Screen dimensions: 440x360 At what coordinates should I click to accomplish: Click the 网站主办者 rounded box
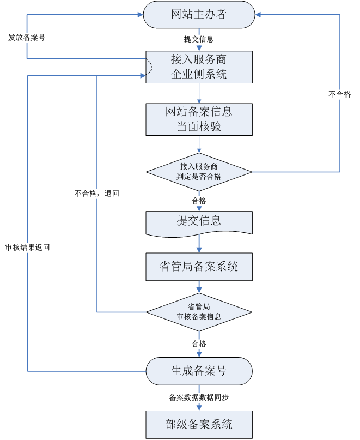click(x=199, y=15)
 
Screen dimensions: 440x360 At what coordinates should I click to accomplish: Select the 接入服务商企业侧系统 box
click(x=199, y=67)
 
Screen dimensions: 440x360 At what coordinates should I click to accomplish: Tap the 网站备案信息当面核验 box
click(x=199, y=119)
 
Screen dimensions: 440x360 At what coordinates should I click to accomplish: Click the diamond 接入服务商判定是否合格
click(x=199, y=172)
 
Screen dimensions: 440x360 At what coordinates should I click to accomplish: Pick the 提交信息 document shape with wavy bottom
click(x=199, y=222)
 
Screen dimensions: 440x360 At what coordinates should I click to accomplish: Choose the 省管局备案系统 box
click(x=199, y=267)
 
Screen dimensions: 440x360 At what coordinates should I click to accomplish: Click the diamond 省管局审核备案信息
click(x=199, y=312)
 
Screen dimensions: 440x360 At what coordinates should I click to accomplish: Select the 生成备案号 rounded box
click(x=199, y=371)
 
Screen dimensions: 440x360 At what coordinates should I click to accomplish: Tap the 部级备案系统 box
click(x=199, y=424)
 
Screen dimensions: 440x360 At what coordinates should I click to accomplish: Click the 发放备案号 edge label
click(x=26, y=38)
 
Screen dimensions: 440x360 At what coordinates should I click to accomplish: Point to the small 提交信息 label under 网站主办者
click(x=199, y=39)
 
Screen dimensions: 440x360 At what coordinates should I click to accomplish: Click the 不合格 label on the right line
click(x=340, y=94)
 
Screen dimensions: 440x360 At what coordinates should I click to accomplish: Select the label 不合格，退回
click(x=97, y=194)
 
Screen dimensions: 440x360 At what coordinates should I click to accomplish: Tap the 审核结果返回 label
click(x=27, y=248)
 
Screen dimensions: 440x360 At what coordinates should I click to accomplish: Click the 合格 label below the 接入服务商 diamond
click(x=199, y=201)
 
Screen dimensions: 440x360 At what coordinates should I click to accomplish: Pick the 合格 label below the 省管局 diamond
click(x=199, y=344)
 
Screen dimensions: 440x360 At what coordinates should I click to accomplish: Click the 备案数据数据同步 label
click(x=199, y=398)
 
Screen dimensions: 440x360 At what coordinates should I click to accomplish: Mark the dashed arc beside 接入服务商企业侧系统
click(x=149, y=67)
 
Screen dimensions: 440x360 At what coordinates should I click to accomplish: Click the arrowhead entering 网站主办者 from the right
click(x=258, y=15)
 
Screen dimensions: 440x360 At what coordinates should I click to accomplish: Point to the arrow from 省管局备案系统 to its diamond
click(x=199, y=287)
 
